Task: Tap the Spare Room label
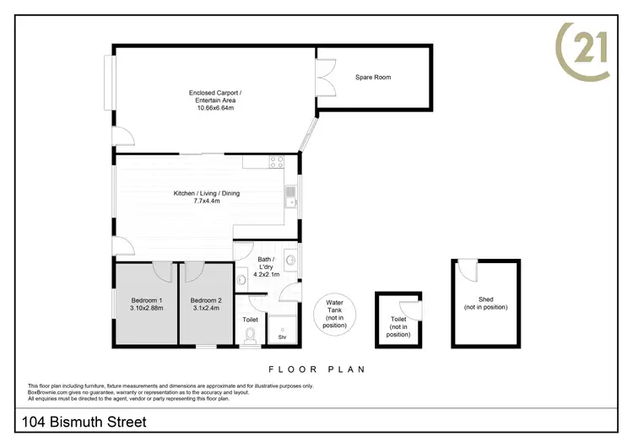tap(372, 78)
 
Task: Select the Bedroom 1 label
tap(147, 301)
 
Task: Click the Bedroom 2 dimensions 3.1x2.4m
tap(206, 310)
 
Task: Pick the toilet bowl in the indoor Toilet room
tap(251, 337)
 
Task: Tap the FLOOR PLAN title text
tap(316, 369)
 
